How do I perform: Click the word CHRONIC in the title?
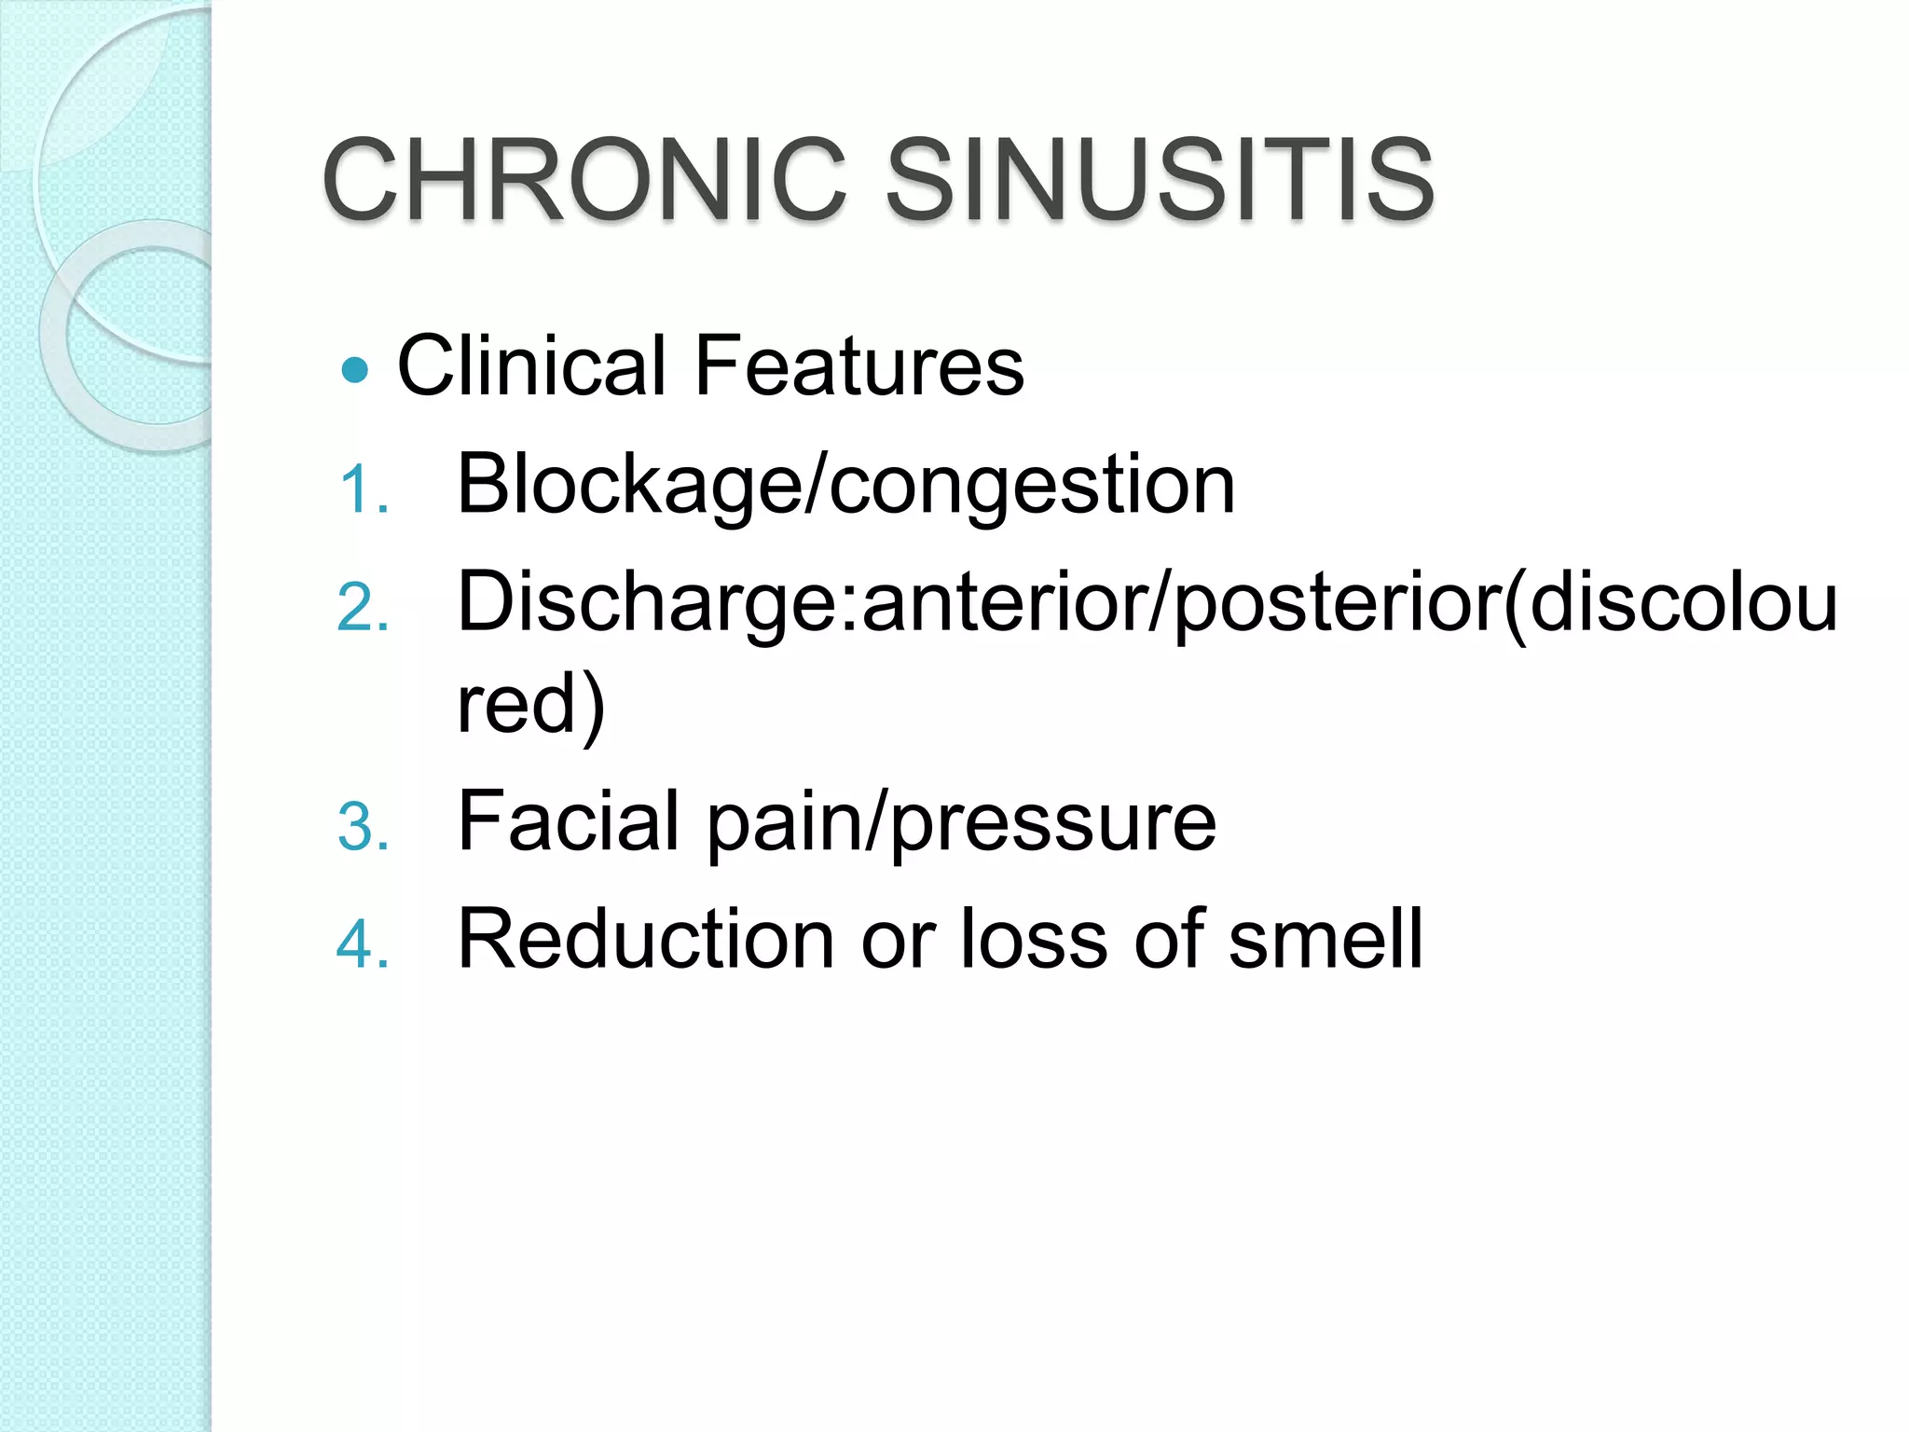pos(584,179)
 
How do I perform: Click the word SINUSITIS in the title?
pos(1159,179)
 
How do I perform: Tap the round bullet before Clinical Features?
pos(355,371)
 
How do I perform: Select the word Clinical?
pos(531,365)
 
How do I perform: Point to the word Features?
pos(858,365)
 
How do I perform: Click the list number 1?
pos(362,490)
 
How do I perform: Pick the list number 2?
pos(362,609)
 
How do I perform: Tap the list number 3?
pos(362,827)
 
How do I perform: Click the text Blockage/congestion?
pos(845,485)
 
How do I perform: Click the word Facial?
pos(569,821)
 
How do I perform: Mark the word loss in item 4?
pos(1034,940)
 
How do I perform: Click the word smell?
pos(1325,940)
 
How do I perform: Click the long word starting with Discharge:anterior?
pos(1147,604)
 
